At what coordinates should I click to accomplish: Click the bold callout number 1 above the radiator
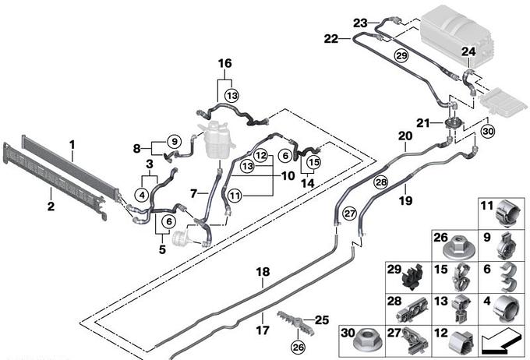[x=72, y=144]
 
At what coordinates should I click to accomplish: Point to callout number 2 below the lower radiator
[x=51, y=206]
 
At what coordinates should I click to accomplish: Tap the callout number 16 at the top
[x=224, y=63]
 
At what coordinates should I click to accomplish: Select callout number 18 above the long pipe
[x=263, y=272]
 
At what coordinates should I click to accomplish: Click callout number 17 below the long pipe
[x=263, y=330]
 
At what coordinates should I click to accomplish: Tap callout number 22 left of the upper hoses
[x=330, y=38]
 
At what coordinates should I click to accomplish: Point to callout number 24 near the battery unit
[x=468, y=52]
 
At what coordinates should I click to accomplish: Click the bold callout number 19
[x=405, y=200]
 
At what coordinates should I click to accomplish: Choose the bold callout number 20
[x=405, y=136]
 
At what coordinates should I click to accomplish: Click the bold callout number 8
[x=136, y=147]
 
